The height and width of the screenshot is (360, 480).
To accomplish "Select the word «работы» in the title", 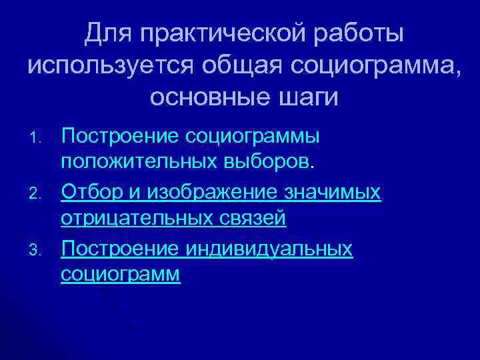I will click(352, 33).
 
